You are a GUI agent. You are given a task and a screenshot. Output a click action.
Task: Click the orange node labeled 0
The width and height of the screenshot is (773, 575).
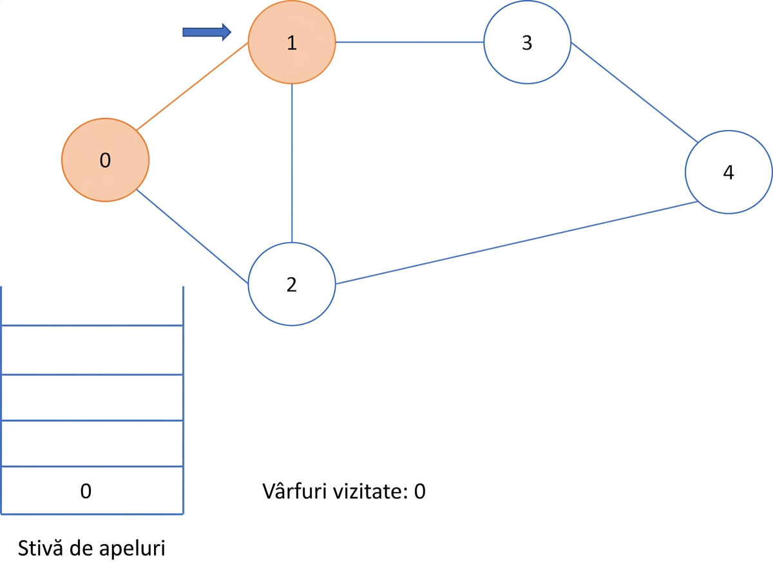[x=105, y=160]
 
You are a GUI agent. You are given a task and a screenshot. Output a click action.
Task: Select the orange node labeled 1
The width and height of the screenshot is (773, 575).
[x=292, y=42]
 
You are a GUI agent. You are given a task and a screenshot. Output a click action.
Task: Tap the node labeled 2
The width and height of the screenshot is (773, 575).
[x=292, y=284]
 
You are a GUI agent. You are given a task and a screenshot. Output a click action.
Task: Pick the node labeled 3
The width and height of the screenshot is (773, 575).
[x=528, y=42]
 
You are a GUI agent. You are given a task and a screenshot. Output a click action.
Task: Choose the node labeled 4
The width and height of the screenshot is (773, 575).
[x=729, y=172]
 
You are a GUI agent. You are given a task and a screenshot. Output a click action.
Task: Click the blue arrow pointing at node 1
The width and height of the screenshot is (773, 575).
[x=207, y=32]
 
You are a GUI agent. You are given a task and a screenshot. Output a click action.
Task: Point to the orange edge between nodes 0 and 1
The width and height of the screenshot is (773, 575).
[x=192, y=86]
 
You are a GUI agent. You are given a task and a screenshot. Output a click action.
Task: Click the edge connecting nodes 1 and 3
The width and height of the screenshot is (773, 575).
[x=410, y=42]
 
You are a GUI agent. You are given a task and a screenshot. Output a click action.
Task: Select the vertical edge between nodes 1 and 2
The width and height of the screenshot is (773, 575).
[x=292, y=163]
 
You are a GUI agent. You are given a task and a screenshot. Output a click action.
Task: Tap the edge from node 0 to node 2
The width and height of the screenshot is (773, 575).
[x=192, y=236]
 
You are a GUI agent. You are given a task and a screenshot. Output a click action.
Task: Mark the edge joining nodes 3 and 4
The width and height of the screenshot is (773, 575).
[x=635, y=92]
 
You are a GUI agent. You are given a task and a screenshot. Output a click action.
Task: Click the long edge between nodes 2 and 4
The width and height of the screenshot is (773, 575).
[x=517, y=243]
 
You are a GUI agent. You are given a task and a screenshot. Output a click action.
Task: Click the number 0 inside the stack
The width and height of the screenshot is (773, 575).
[x=86, y=491]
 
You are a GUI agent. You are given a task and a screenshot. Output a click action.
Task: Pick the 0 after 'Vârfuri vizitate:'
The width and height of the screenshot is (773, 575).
[x=419, y=491]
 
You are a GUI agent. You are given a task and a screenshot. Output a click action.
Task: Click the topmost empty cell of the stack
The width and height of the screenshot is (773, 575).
[x=92, y=350]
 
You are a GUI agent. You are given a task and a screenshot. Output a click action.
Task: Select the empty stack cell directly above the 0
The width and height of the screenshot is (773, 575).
[x=92, y=443]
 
